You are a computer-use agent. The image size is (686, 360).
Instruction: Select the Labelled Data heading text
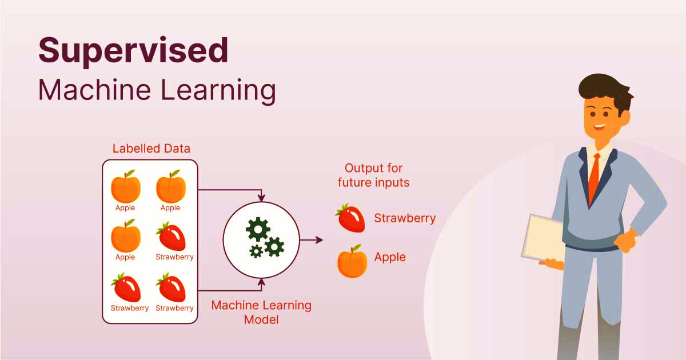151,149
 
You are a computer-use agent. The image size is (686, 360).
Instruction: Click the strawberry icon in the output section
350,218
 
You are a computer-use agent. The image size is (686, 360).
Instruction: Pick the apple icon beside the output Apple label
352,262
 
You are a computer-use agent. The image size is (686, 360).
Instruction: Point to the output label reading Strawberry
405,218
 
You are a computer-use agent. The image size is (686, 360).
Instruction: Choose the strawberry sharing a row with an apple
171,237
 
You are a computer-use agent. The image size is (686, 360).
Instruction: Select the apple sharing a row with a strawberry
125,235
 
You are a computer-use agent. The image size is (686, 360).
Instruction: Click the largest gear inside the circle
258,229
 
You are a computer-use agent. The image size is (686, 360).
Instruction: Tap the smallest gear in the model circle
256,251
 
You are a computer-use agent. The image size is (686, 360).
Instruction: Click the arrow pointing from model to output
312,240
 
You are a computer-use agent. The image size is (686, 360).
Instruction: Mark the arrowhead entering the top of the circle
262,198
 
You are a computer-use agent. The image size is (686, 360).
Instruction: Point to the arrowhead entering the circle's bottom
262,281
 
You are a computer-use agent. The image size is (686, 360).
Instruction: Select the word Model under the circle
261,319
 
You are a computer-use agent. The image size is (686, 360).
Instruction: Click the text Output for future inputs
374,175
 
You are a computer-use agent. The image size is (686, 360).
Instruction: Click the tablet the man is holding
543,237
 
